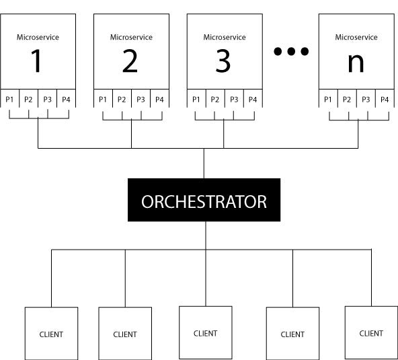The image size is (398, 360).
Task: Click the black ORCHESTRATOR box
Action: click(204, 200)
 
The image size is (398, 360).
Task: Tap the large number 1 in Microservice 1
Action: click(36, 61)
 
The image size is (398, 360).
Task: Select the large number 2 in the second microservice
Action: click(130, 61)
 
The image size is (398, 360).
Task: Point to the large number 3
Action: click(223, 61)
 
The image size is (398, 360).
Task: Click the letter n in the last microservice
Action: click(356, 63)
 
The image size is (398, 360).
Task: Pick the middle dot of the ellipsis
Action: click(291, 51)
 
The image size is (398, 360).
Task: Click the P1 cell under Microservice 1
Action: click(9, 98)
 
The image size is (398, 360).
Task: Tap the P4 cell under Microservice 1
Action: click(67, 98)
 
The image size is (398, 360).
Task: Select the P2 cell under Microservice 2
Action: click(122, 98)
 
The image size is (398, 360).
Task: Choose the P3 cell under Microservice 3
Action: click(234, 98)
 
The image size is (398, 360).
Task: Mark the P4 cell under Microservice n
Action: click(385, 98)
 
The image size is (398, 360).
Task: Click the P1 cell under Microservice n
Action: click(328, 98)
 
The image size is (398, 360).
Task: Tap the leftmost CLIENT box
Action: click(51, 333)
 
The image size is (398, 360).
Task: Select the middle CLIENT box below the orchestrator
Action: click(206, 332)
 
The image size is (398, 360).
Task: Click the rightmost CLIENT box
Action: click(371, 332)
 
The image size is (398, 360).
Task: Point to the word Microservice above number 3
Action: click(225, 38)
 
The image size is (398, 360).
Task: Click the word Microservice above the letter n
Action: click(356, 38)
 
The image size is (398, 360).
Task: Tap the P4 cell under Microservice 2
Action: click(159, 98)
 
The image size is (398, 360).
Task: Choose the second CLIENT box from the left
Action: click(125, 333)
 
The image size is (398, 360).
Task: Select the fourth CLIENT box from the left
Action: click(292, 333)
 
